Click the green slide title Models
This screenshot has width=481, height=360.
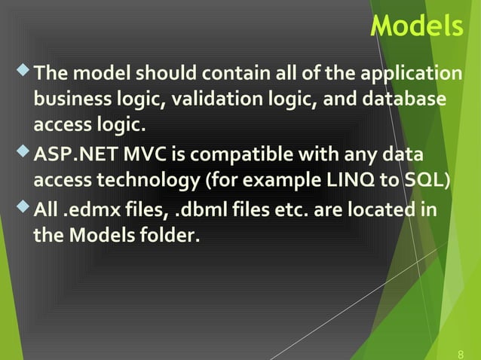[417, 26]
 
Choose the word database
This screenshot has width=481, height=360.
[409, 101]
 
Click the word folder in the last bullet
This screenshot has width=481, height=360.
[171, 236]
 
